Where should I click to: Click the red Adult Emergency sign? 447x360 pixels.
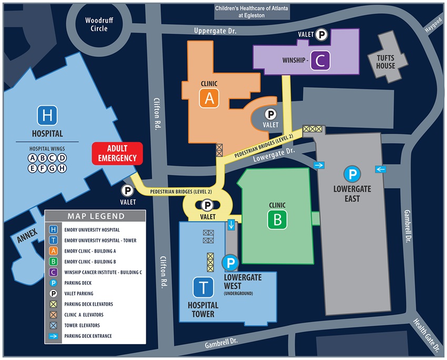[118, 153]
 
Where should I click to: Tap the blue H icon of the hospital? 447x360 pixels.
[47, 115]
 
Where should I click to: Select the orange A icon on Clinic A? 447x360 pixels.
[209, 98]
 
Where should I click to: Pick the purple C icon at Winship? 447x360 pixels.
[320, 61]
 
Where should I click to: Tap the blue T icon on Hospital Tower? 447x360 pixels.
[202, 288]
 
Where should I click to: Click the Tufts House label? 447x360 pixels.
[385, 62]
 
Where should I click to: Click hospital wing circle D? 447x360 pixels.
[62, 158]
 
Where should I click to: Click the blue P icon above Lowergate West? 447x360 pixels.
[230, 263]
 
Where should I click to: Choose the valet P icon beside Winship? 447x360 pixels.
[322, 35]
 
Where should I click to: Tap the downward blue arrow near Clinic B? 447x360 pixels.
[231, 225]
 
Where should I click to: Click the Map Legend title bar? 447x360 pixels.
[95, 216]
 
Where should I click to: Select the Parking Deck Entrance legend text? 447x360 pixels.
[88, 336]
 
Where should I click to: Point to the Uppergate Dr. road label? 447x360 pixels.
[216, 32]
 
